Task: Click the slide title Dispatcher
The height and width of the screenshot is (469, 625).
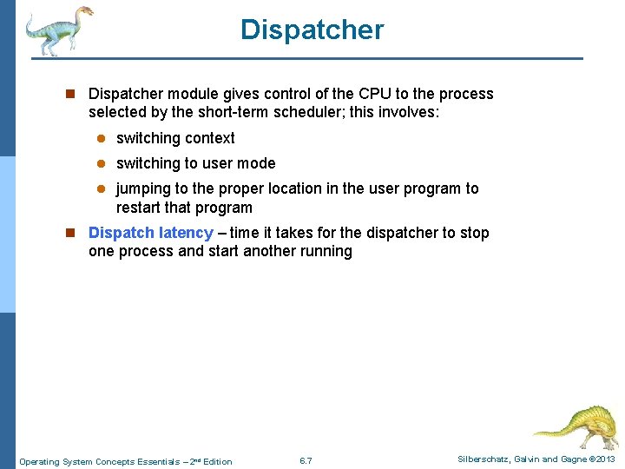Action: [312, 30]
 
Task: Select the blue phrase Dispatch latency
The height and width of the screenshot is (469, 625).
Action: [150, 233]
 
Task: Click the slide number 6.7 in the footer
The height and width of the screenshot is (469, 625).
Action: [306, 460]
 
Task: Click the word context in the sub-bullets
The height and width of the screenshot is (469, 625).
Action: [208, 138]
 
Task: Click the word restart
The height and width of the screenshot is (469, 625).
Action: [137, 208]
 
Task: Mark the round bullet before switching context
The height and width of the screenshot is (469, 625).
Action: [100, 139]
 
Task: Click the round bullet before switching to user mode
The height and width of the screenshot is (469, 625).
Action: [100, 164]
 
